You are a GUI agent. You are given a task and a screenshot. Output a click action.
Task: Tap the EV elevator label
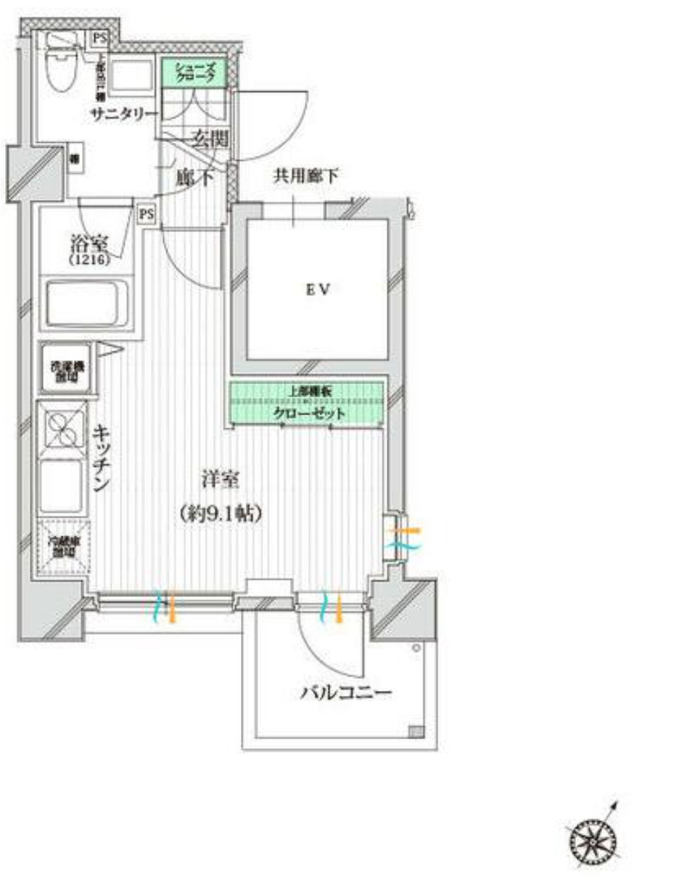318,290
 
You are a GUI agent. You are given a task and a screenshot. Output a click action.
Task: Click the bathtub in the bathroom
87,304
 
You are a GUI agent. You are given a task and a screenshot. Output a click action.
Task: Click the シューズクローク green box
194,72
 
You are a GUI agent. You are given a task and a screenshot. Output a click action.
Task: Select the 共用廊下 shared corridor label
306,175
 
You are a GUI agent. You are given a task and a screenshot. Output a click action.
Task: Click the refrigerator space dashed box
64,548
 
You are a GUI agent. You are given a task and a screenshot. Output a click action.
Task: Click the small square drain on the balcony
416,731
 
